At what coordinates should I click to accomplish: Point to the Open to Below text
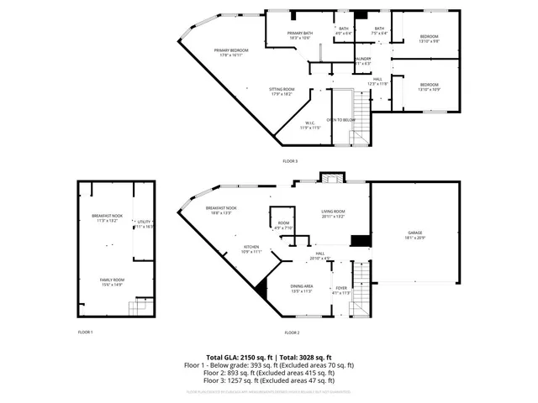[341, 120]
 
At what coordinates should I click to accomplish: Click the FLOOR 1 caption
[85, 332]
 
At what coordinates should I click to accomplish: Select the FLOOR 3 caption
[290, 160]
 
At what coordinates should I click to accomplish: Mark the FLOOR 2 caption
[290, 332]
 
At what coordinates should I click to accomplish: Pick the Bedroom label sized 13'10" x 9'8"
[429, 39]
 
